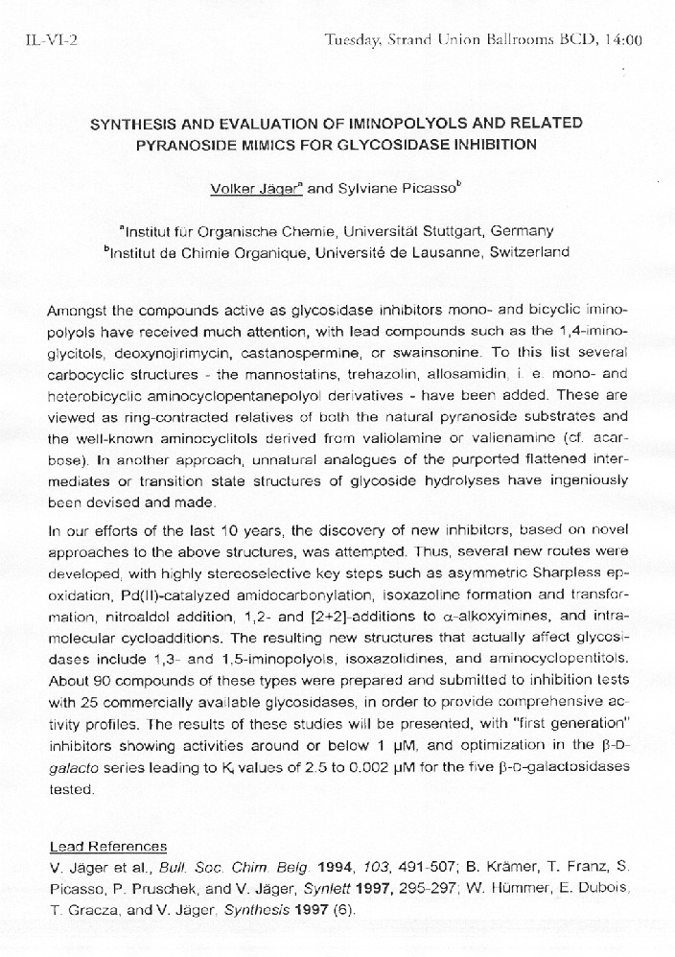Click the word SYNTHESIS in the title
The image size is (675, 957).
133,124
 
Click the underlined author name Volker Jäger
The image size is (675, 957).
255,189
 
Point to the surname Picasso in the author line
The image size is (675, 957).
428,189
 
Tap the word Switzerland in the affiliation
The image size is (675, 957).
528,252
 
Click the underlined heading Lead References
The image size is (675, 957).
107,846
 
